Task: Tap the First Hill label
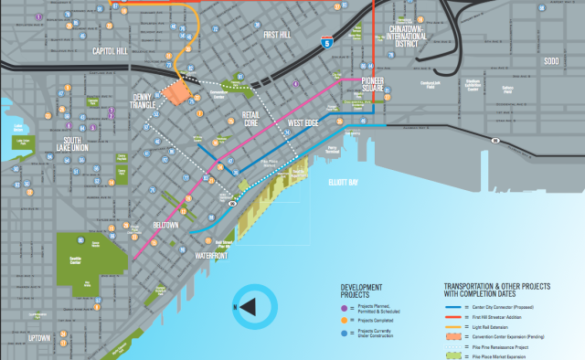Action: (x=281, y=35)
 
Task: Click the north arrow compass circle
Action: (x=252, y=307)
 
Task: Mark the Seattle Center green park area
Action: (x=91, y=257)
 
